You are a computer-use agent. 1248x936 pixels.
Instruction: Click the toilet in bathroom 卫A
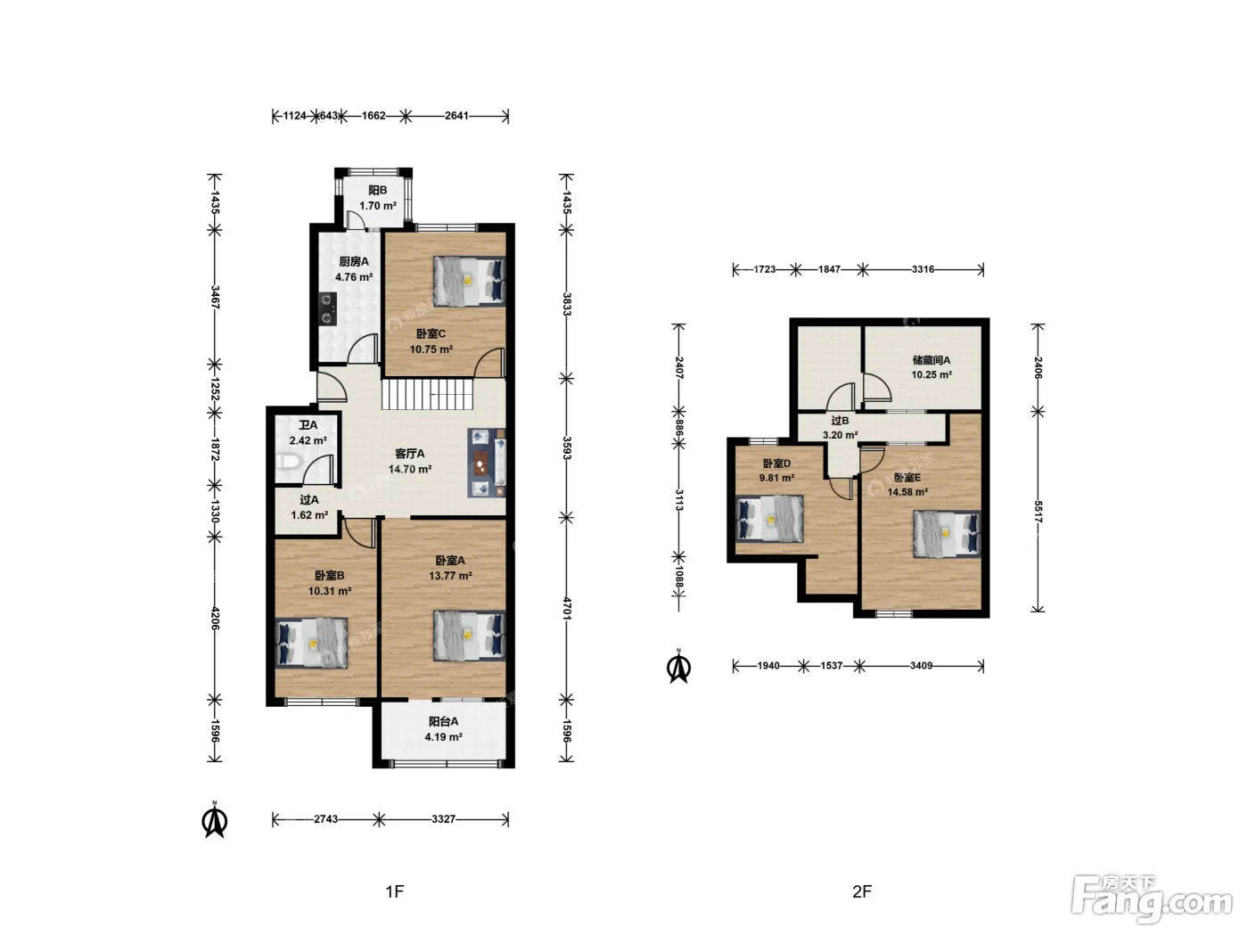click(x=287, y=461)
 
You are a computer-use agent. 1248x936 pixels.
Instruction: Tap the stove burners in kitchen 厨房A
click(x=327, y=308)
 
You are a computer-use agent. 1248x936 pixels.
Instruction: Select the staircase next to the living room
click(x=427, y=394)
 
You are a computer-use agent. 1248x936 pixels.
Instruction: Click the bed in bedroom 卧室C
click(x=469, y=282)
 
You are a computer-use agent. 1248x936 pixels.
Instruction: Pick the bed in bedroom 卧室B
click(x=312, y=643)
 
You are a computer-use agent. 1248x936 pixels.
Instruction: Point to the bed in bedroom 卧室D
click(x=769, y=518)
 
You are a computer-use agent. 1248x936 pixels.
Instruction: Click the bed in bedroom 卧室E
click(x=947, y=534)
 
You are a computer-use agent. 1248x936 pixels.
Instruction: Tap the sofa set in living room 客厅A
click(x=487, y=464)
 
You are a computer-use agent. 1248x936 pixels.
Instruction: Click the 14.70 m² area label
click(x=410, y=470)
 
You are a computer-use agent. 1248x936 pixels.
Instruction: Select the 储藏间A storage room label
click(x=932, y=360)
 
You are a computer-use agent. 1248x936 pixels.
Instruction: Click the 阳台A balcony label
click(x=443, y=721)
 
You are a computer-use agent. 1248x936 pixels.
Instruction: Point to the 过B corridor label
click(x=840, y=421)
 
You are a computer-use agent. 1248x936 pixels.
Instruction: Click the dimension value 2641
click(x=456, y=116)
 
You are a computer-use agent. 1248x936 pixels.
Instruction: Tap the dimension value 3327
click(x=443, y=819)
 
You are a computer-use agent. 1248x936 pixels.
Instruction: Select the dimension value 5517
click(x=1038, y=512)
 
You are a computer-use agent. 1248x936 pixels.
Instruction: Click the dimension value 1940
click(x=768, y=666)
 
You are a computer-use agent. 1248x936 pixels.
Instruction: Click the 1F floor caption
click(x=395, y=891)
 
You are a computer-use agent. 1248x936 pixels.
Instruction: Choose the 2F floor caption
click(x=862, y=891)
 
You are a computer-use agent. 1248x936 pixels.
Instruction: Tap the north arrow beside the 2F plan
click(x=679, y=666)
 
